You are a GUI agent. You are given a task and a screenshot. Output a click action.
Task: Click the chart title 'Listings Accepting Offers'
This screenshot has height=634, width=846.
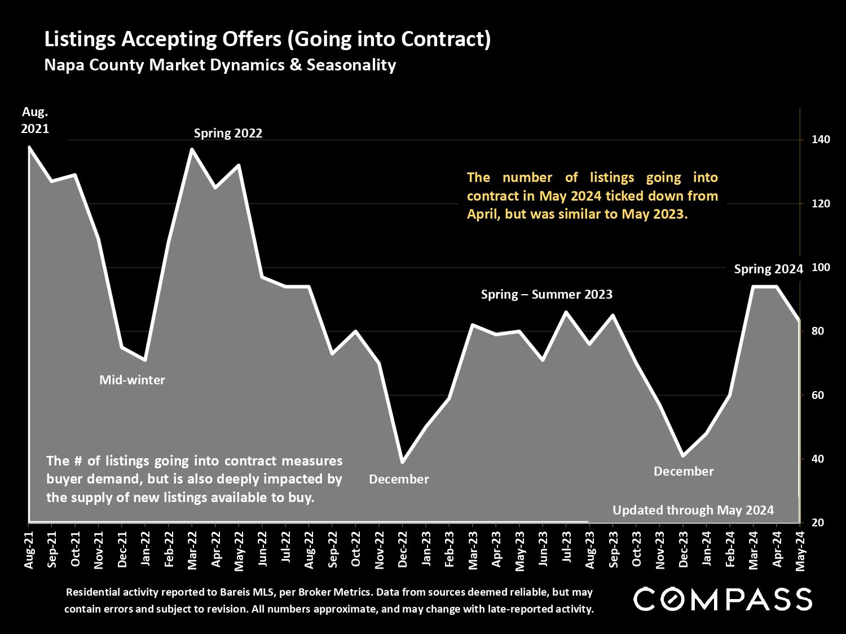(x=267, y=39)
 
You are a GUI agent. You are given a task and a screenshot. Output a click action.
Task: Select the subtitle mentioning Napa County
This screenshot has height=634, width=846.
(x=220, y=65)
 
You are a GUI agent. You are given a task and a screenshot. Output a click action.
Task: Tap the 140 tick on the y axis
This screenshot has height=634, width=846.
(x=821, y=139)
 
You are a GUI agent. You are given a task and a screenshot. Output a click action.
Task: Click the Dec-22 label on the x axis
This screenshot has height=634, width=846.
(x=403, y=549)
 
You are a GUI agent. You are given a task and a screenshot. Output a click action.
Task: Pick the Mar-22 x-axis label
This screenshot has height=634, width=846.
(x=192, y=549)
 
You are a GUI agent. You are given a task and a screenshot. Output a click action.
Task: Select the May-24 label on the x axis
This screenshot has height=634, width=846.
(x=800, y=549)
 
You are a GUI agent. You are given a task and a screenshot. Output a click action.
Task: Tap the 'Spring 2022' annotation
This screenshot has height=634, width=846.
(x=228, y=134)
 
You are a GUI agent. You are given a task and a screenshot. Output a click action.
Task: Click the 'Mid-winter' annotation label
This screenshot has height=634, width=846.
(x=132, y=380)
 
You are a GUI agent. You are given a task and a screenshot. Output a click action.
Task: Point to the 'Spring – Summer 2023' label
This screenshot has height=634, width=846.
(x=547, y=295)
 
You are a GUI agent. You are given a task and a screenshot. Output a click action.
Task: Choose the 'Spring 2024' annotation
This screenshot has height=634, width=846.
(x=768, y=269)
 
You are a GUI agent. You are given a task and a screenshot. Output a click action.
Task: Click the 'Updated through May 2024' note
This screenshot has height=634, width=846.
(x=693, y=511)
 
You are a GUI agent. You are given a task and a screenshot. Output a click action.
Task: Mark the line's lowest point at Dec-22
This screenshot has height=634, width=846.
(x=402, y=462)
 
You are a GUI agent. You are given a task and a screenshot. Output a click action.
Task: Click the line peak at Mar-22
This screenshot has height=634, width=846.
(x=192, y=149)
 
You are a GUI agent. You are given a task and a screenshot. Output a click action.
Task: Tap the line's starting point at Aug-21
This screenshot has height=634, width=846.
(x=29, y=147)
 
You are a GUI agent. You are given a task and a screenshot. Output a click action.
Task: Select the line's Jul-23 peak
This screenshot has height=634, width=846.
(x=566, y=312)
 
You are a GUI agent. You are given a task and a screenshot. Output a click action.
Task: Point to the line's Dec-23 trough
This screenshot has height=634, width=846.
(x=682, y=455)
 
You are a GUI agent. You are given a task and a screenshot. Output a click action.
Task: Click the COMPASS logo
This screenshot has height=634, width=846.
(x=722, y=599)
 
